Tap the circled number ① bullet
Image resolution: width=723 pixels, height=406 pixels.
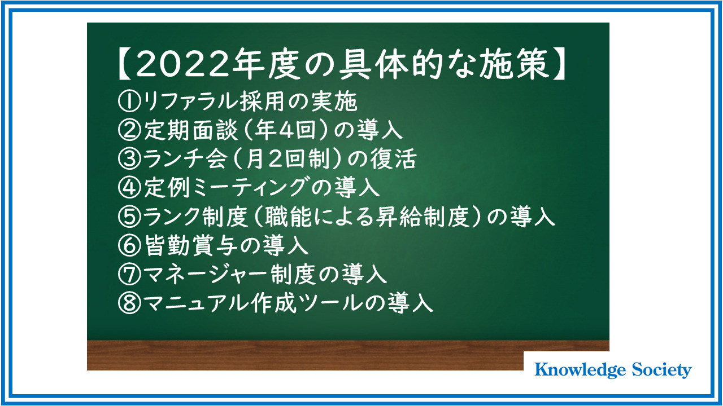pyautogui.click(x=129, y=101)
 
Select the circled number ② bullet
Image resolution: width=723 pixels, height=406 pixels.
pyautogui.click(x=129, y=130)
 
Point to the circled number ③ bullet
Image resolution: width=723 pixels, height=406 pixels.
pyautogui.click(x=129, y=158)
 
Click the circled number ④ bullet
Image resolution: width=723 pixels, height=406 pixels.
pyautogui.click(x=129, y=187)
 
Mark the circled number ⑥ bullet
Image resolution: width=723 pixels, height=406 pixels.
pyautogui.click(x=129, y=245)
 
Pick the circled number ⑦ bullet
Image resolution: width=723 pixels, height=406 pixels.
pyautogui.click(x=129, y=274)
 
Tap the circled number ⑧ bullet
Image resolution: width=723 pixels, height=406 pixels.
pyautogui.click(x=129, y=303)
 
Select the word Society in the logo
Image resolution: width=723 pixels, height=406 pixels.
pyautogui.click(x=661, y=370)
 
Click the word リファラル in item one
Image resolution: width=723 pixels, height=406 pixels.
pyautogui.click(x=190, y=101)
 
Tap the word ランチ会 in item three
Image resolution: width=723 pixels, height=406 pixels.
pyautogui.click(x=185, y=158)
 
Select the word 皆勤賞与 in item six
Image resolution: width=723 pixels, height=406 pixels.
pyautogui.click(x=190, y=245)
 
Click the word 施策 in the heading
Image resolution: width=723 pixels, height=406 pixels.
pyautogui.click(x=514, y=64)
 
